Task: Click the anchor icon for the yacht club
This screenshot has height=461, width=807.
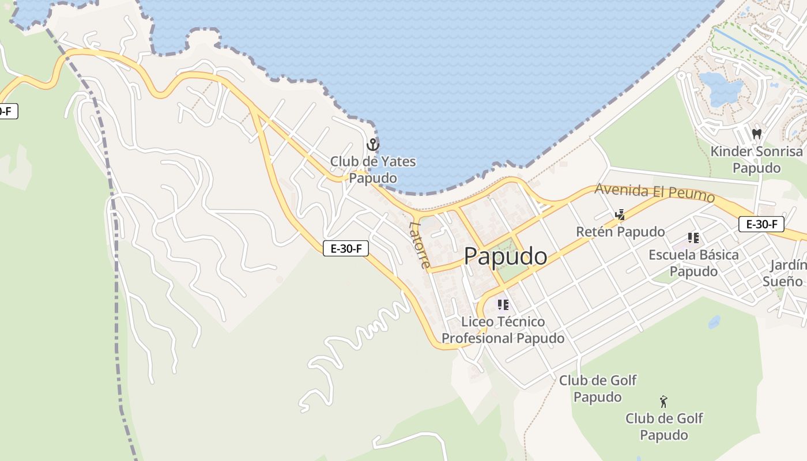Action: (373, 145)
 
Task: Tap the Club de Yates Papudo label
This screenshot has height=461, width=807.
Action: (373, 170)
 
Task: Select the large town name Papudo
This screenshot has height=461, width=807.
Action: (505, 256)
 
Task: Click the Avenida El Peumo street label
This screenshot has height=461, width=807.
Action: (654, 192)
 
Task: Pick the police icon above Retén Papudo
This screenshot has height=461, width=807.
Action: (620, 215)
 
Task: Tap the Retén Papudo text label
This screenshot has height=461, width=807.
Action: (620, 232)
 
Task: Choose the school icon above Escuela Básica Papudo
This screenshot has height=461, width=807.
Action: (693, 237)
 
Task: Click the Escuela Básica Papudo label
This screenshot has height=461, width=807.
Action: (693, 263)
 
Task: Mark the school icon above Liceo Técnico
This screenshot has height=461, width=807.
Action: (503, 304)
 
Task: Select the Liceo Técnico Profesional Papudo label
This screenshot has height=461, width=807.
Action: (503, 330)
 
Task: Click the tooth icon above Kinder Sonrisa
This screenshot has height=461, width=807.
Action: (757, 134)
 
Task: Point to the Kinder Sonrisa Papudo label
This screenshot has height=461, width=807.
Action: (756, 160)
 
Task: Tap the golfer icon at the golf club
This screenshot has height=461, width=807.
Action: (663, 402)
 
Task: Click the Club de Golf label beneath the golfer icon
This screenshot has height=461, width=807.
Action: (664, 426)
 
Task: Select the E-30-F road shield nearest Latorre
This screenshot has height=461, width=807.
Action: (346, 248)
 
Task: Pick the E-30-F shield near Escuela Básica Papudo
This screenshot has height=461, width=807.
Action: (761, 224)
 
